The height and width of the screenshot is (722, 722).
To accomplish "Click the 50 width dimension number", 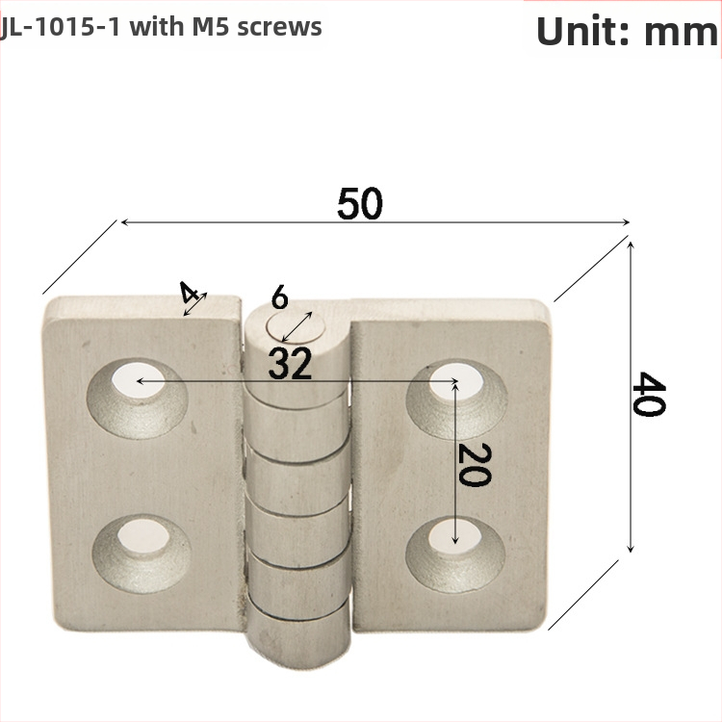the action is coord(360,203).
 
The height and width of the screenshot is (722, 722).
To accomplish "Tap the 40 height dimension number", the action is coord(648,394).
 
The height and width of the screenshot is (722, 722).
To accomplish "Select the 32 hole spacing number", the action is coord(290,364).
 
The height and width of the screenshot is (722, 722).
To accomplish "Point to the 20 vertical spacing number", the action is coord(475,465).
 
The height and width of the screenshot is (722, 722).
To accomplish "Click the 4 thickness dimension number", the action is coord(189,292).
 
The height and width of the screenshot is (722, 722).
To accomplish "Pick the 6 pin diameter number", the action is coord(279,297).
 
